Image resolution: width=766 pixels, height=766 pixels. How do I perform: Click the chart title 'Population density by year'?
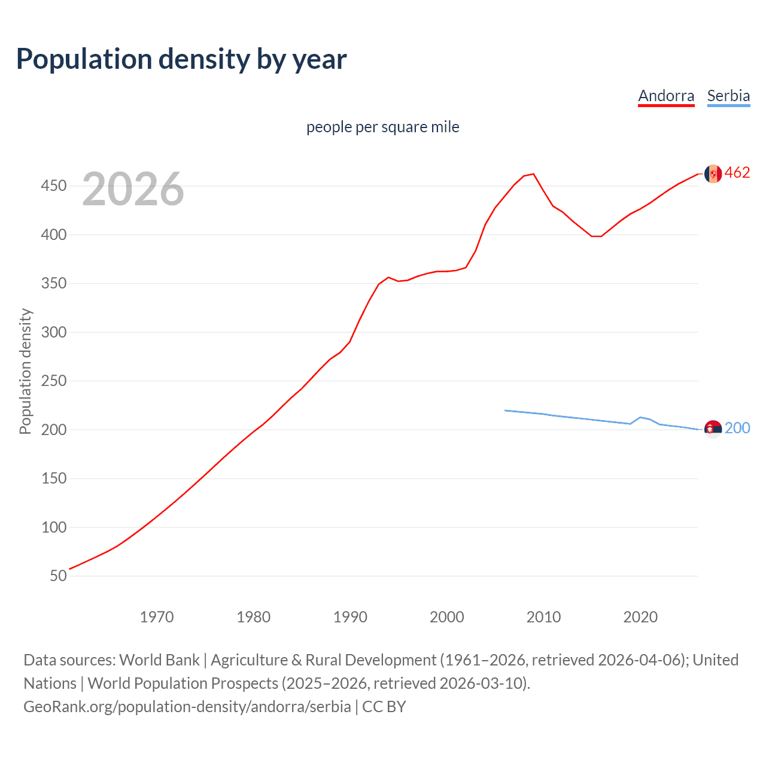pyautogui.click(x=181, y=59)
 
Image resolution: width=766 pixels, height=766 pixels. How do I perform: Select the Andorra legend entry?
pyautogui.click(x=666, y=96)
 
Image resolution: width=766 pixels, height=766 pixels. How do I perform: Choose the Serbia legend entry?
pyautogui.click(x=728, y=96)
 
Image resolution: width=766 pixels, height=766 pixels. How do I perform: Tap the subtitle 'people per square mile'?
pyautogui.click(x=382, y=127)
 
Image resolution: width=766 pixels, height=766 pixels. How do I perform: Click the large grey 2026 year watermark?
pyautogui.click(x=133, y=189)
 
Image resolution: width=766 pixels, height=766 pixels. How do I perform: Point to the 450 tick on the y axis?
pyautogui.click(x=53, y=186)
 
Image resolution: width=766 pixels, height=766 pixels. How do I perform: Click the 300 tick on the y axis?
pyautogui.click(x=53, y=332)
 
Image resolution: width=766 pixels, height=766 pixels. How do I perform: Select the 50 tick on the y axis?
pyautogui.click(x=58, y=576)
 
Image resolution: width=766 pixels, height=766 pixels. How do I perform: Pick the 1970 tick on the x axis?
pyautogui.click(x=157, y=617)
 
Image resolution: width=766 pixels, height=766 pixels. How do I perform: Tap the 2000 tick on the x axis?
pyautogui.click(x=446, y=617)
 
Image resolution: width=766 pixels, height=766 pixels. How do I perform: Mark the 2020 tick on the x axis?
pyautogui.click(x=640, y=617)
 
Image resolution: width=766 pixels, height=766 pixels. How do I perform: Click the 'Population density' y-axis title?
pyautogui.click(x=25, y=371)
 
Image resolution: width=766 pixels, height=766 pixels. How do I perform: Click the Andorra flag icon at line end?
pyautogui.click(x=713, y=174)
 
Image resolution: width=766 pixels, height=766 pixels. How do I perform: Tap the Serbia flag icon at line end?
pyautogui.click(x=713, y=428)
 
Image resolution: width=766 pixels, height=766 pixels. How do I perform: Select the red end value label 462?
pyautogui.click(x=737, y=173)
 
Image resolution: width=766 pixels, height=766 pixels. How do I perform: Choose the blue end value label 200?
pyautogui.click(x=737, y=428)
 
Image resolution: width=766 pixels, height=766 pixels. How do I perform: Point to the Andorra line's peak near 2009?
pyautogui.click(x=533, y=174)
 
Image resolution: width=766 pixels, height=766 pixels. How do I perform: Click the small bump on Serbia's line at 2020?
pyautogui.click(x=640, y=417)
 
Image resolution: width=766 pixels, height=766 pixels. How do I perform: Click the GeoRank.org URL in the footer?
pyautogui.click(x=187, y=707)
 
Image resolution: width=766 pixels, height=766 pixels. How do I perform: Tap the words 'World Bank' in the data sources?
pyautogui.click(x=159, y=660)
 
